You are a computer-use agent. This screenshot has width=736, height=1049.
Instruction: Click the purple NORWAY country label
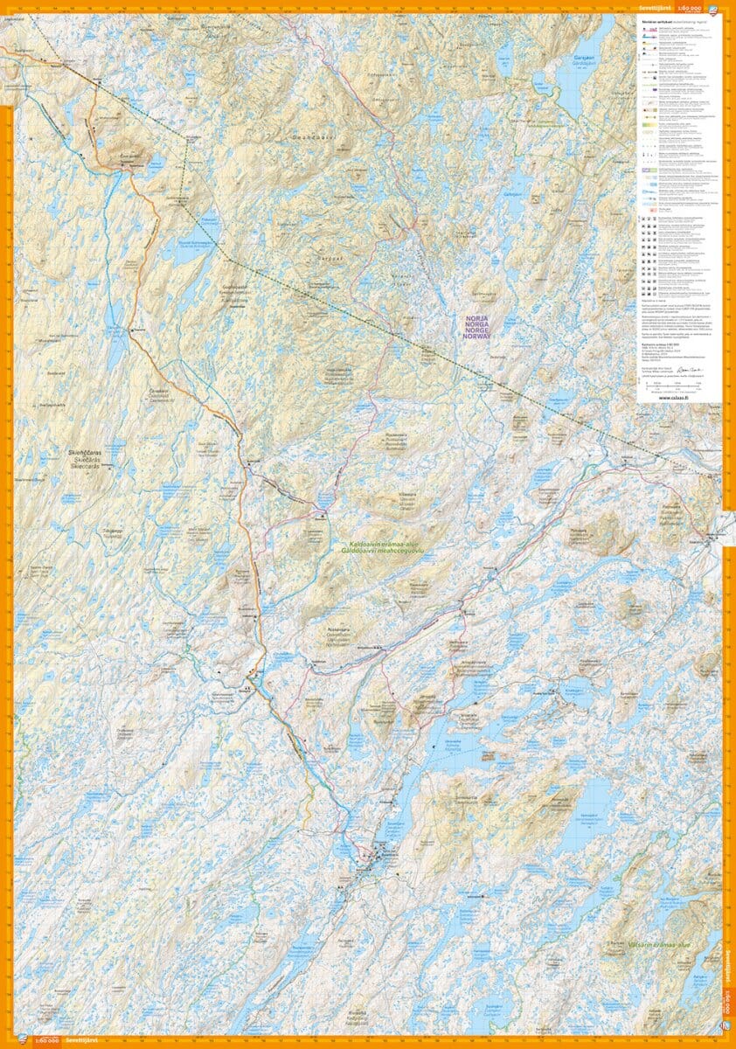pos(477,336)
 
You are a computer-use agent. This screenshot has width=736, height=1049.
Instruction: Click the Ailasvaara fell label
pos(338,629)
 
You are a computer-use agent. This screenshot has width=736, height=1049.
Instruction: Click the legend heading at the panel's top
pos(673,20)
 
